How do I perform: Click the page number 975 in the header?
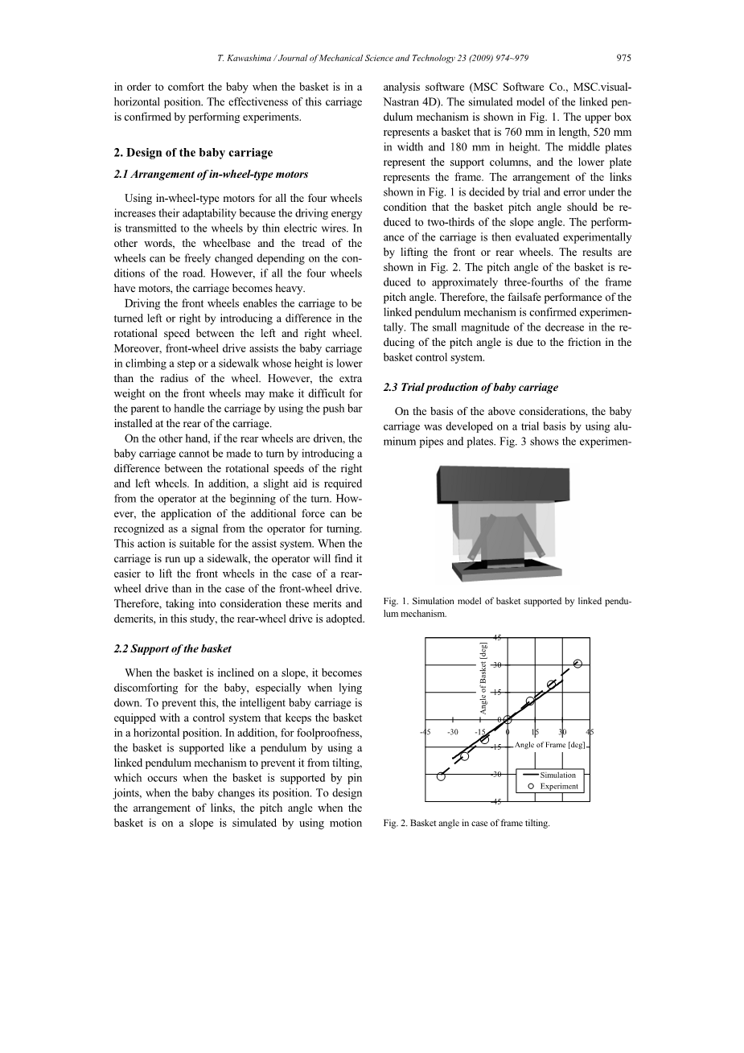623,58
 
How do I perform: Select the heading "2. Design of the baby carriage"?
193,152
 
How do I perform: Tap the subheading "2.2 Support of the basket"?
172,648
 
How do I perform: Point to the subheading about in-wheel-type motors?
211,174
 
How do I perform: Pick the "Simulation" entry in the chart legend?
557,775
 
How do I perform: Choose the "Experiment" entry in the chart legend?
558,786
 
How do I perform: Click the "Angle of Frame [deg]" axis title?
551,745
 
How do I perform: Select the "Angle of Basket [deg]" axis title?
483,677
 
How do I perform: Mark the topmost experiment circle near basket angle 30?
578,664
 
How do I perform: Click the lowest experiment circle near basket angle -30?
441,775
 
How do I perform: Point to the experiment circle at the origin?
508,719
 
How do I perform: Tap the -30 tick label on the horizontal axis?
453,731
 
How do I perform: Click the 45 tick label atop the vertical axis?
497,638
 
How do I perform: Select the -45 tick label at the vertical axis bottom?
496,802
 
